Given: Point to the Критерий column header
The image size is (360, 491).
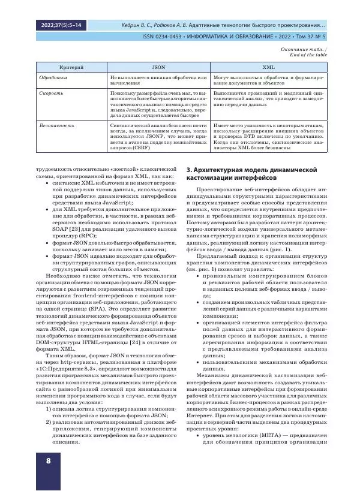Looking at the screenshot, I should click(x=70, y=68).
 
